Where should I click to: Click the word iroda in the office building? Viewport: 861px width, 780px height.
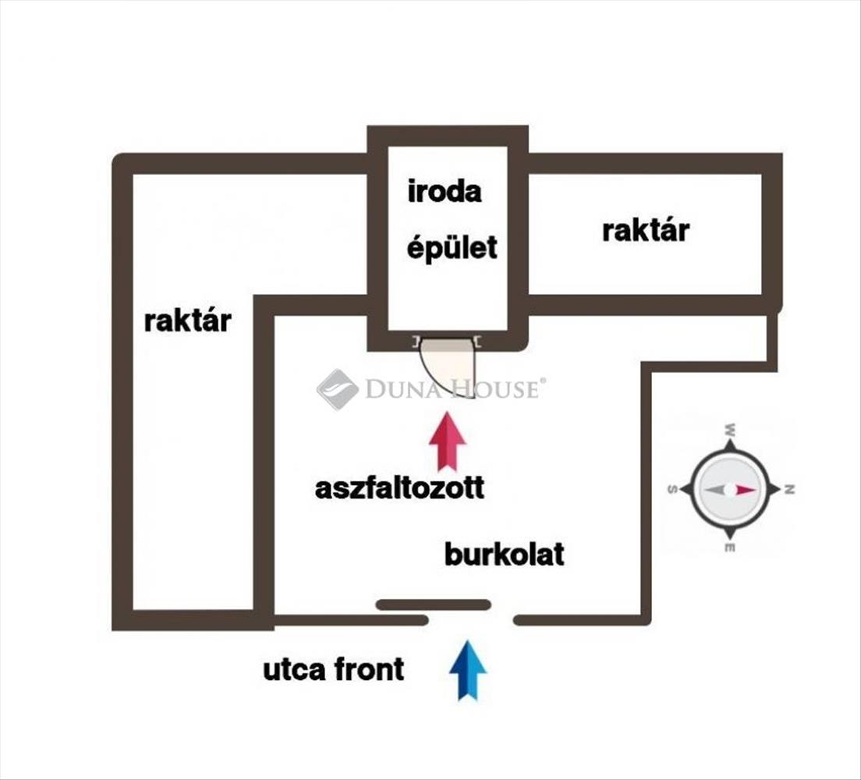(x=445, y=191)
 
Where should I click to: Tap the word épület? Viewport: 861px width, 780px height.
(x=452, y=248)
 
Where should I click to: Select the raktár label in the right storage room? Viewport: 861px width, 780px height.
(x=646, y=230)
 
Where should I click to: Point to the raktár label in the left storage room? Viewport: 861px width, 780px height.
(x=187, y=321)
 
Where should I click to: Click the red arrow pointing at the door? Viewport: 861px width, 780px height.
(x=447, y=441)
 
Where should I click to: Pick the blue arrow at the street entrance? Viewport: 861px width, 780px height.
(x=468, y=669)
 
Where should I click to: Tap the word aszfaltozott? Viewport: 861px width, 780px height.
(x=399, y=488)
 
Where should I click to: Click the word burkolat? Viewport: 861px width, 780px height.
(x=504, y=555)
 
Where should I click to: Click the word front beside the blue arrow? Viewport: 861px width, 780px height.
(x=370, y=669)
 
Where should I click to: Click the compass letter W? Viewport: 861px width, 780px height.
(x=730, y=430)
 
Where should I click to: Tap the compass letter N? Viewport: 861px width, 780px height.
(x=789, y=490)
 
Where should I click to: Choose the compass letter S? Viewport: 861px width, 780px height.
(x=671, y=490)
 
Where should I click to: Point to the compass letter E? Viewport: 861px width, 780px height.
(x=730, y=548)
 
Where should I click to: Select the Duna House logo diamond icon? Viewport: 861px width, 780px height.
(x=337, y=388)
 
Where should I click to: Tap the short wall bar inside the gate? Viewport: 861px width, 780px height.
(x=433, y=604)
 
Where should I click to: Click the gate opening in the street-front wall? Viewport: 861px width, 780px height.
(x=470, y=620)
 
